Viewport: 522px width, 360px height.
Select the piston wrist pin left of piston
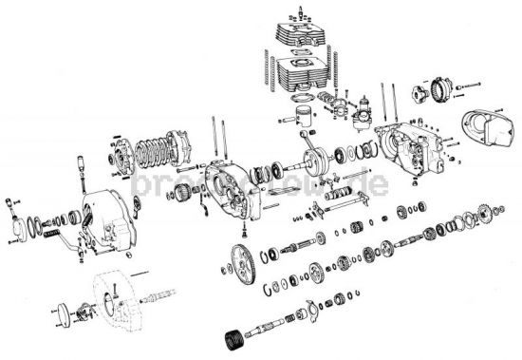(x=285, y=122)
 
